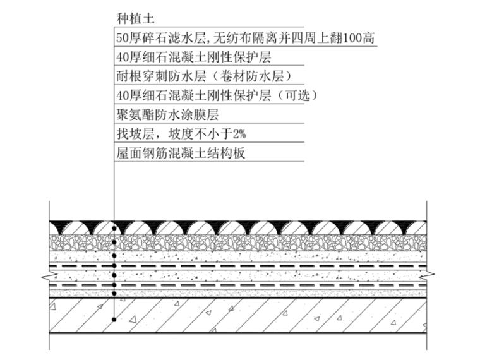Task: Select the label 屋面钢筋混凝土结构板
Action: (x=181, y=153)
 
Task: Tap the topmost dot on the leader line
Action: (x=114, y=227)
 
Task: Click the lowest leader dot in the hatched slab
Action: (x=114, y=320)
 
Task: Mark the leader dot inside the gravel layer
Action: (x=114, y=242)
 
